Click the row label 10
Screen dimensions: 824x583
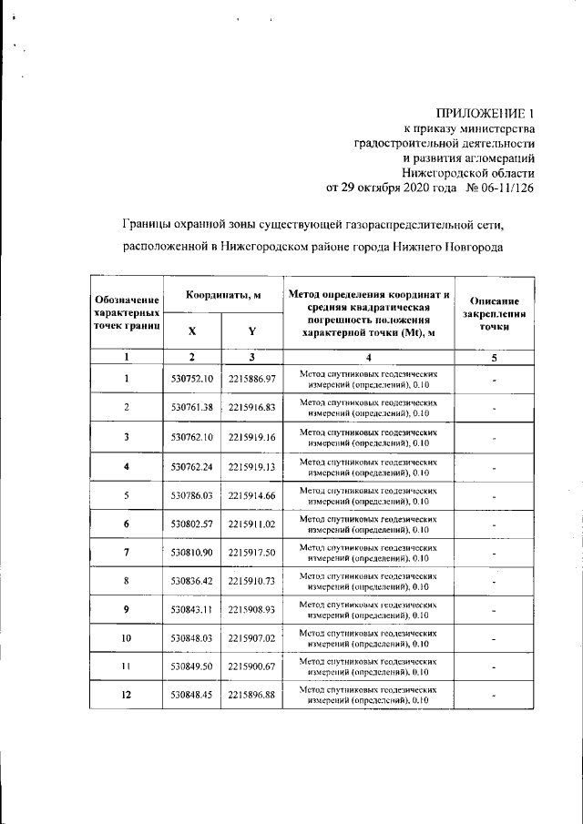coord(127,638)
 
